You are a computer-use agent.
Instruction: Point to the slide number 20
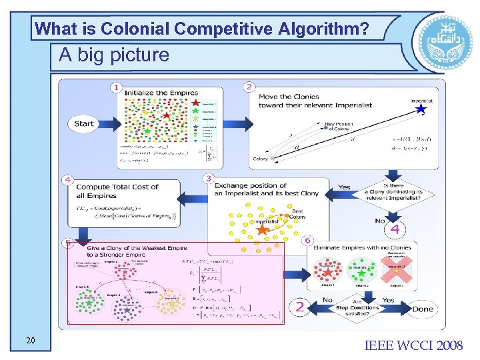click(31, 341)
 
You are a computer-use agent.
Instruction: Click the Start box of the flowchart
click(85, 123)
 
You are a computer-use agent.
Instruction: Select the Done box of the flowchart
click(422, 309)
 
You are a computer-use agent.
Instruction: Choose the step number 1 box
click(117, 87)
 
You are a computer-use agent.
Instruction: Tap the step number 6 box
click(307, 240)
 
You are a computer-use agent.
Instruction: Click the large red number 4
click(395, 229)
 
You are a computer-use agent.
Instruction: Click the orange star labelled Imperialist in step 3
click(263, 230)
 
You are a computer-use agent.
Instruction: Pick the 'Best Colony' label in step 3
click(298, 214)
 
